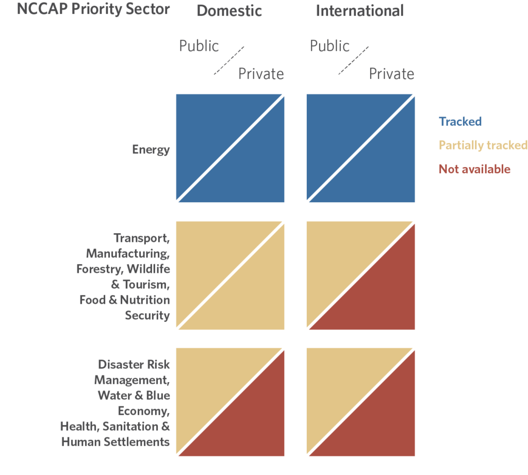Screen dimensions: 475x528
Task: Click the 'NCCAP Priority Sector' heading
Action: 93,10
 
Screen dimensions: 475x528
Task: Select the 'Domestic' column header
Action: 229,11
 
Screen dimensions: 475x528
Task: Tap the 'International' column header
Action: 360,11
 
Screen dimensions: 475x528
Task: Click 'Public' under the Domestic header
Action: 199,46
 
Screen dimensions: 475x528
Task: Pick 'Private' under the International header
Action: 391,74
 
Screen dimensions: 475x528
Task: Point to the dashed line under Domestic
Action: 229,60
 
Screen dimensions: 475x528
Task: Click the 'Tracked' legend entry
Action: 460,122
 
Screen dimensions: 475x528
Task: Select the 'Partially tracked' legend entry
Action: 483,145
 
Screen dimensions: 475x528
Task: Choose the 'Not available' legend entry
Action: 474,169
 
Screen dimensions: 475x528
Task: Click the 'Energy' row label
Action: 151,150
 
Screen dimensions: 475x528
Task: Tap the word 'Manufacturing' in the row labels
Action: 128,253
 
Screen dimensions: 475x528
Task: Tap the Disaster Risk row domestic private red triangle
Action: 253,423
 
